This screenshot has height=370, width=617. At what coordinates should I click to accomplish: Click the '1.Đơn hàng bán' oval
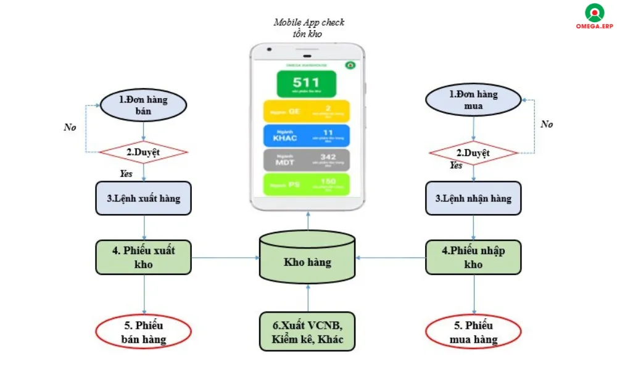point(143,105)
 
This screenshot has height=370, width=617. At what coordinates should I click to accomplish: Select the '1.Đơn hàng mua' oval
point(473,101)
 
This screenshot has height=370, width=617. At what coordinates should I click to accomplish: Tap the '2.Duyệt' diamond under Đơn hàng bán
point(144,152)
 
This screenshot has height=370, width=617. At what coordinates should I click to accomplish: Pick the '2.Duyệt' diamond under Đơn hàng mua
point(473,152)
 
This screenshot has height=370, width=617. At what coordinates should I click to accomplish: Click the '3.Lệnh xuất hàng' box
point(143,199)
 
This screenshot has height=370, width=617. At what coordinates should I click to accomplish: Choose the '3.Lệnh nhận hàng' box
point(473,199)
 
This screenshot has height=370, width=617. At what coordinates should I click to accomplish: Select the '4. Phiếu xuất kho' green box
point(143,257)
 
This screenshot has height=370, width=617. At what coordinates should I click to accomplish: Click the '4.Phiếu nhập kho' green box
point(473,257)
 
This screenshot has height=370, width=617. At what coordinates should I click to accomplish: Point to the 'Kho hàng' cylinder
point(307,257)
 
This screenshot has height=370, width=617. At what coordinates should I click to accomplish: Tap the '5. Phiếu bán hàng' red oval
point(143,332)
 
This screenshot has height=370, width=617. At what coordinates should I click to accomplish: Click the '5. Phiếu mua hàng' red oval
point(473,332)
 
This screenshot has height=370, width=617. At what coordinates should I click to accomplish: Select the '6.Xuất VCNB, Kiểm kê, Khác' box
point(307,332)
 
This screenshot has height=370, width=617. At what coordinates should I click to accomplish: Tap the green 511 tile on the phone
point(306,84)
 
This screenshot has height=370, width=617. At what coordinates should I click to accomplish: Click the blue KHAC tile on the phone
point(306,136)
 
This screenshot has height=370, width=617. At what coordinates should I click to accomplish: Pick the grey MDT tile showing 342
point(306,160)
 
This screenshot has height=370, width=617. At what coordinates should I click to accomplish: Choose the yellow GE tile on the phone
point(306,111)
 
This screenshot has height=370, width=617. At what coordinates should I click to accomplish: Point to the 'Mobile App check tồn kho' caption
point(308,28)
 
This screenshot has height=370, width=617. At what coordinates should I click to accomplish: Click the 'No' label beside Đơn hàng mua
point(547,124)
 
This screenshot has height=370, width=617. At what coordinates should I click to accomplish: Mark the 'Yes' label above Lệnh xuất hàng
point(126,174)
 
